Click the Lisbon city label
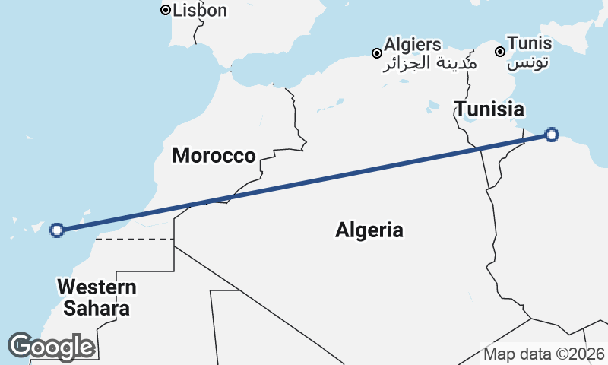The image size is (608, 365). (200, 11)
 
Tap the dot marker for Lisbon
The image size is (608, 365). (165, 10)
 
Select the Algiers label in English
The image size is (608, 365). (413, 45)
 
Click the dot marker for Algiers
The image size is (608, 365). (376, 53)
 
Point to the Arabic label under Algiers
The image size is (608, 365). (429, 63)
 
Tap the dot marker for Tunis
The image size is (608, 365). (500, 52)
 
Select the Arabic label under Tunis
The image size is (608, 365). (528, 62)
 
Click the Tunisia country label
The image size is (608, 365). (489, 108)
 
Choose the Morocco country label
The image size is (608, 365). (214, 156)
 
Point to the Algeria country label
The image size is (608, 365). (369, 230)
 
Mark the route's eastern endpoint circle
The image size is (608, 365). (552, 135)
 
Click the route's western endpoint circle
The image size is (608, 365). (56, 230)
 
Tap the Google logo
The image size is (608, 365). (51, 347)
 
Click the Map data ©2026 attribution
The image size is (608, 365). (543, 354)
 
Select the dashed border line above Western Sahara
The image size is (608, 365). (135, 239)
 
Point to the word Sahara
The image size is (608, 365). (97, 309)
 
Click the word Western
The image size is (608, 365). (97, 288)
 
